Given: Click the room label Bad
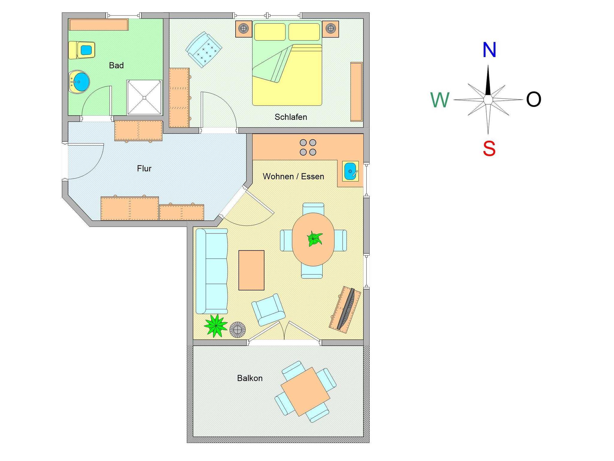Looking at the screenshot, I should click(x=116, y=65).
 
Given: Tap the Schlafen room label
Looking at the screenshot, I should click(x=291, y=117).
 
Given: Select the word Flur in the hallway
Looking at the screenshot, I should click(x=144, y=168).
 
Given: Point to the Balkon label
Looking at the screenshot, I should click(x=250, y=378).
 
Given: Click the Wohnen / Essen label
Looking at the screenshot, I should click(x=293, y=176).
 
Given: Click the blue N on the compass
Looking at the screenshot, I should click(x=489, y=50).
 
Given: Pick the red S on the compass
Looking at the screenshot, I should click(x=489, y=148).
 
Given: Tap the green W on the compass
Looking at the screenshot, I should click(x=440, y=100).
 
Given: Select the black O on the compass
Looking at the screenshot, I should click(x=534, y=100).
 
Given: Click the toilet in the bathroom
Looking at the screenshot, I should click(x=82, y=50).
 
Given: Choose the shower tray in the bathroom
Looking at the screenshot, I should click(x=144, y=97).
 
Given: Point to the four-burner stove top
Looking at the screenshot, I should click(x=308, y=147).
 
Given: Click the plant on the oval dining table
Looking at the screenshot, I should click(x=314, y=239).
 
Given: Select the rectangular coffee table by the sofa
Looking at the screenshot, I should click(x=251, y=270).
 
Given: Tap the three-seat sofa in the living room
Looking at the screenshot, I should click(x=211, y=271).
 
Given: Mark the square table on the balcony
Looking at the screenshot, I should click(x=305, y=391).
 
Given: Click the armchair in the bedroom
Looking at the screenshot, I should click(x=204, y=49).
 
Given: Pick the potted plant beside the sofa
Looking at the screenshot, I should click(x=216, y=325).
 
